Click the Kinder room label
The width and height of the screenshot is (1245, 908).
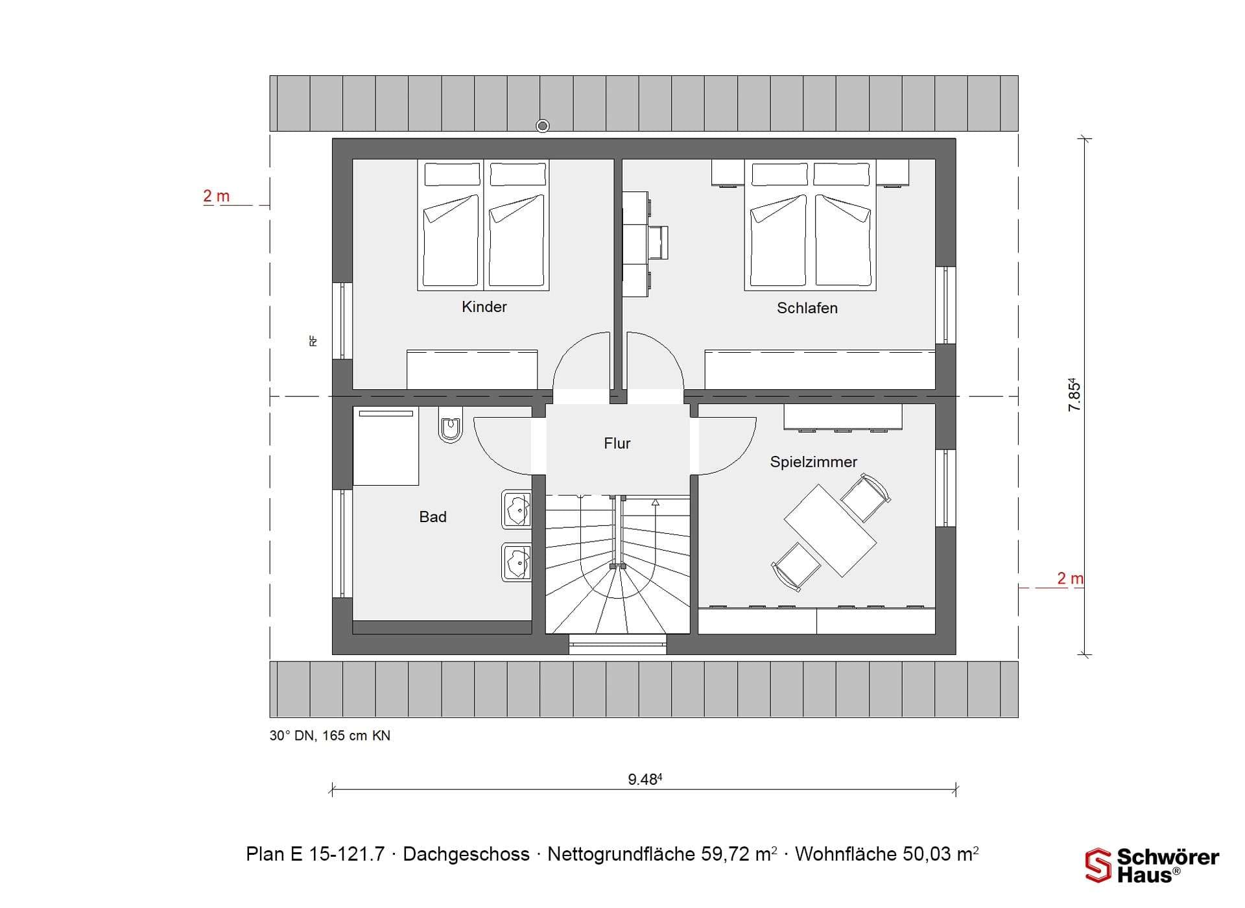[x=484, y=307]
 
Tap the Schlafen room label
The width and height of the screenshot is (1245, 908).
[x=807, y=308]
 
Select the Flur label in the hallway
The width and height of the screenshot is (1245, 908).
[x=617, y=443]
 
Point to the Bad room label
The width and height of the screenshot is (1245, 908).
[x=433, y=517]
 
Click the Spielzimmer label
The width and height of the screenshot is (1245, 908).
[x=813, y=462]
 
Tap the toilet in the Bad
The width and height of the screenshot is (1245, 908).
[x=450, y=425]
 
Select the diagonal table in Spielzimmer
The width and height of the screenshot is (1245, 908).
[x=830, y=531]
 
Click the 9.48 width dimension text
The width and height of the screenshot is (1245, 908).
[x=645, y=779]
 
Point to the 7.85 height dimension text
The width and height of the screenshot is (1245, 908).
[x=1074, y=394]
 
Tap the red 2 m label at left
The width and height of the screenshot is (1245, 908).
[x=216, y=196]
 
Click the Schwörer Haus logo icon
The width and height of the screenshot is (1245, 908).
[x=1098, y=865]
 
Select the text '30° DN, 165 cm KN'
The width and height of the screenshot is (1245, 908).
[x=330, y=735]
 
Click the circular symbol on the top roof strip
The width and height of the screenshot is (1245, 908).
[x=543, y=126]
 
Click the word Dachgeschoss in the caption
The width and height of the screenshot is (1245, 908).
[x=466, y=854]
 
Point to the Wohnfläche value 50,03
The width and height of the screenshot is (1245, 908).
[x=930, y=854]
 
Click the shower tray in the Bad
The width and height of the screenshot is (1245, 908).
[x=386, y=446]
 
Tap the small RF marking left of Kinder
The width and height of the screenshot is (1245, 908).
[x=313, y=340]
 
